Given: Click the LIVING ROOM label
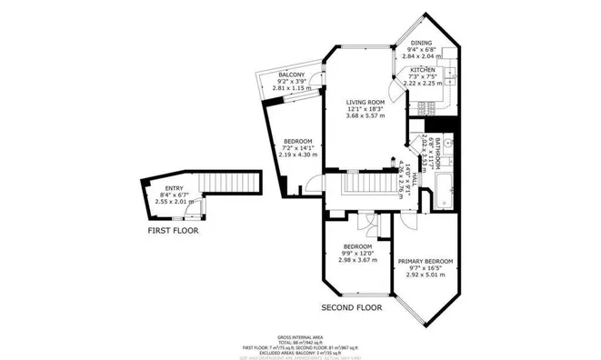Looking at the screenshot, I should [365, 101].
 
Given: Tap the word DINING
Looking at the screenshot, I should [420, 42].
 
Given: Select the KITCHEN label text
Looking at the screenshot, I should [423, 69].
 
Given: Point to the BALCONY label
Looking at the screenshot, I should [291, 74].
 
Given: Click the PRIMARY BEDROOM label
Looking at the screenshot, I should [425, 261].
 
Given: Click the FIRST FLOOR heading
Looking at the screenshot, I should [173, 231].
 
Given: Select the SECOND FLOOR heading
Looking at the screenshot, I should [352, 307].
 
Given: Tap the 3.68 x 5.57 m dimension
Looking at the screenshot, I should [365, 115].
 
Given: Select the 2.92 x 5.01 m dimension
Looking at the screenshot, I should [425, 276].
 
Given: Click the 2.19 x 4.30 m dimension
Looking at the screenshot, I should [297, 155].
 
